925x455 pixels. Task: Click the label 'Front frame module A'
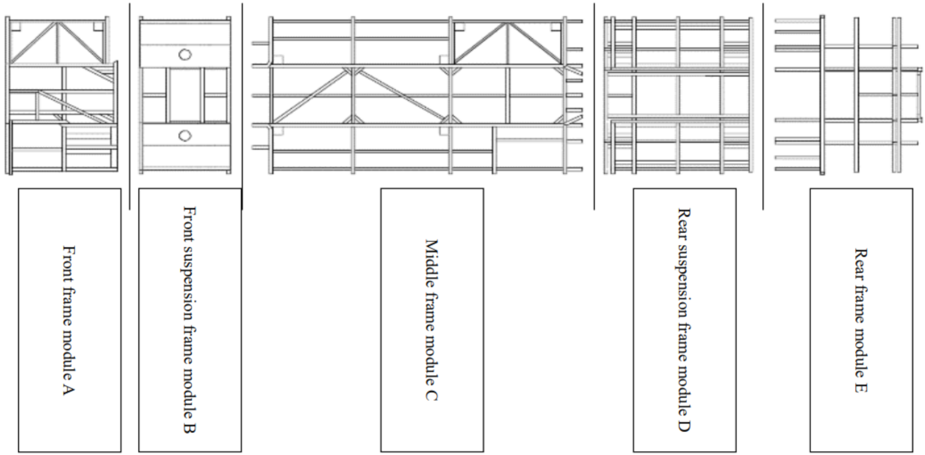point(69,320)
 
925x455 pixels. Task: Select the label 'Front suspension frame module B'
point(189,319)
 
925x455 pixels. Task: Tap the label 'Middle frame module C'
point(431,320)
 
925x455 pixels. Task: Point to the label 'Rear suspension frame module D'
point(684,320)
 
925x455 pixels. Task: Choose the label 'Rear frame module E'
point(861,320)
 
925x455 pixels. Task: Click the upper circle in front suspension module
point(185,54)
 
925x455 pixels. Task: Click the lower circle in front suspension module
point(185,136)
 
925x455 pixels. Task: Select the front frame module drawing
point(62,95)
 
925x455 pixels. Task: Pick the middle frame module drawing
point(417,95)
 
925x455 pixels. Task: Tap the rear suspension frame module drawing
point(678,95)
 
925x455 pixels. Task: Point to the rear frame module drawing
point(848,95)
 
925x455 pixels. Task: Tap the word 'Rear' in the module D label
point(684,222)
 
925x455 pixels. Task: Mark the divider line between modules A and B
point(129,106)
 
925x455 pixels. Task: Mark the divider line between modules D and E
point(763,106)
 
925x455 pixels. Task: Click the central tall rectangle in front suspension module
point(185,95)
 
